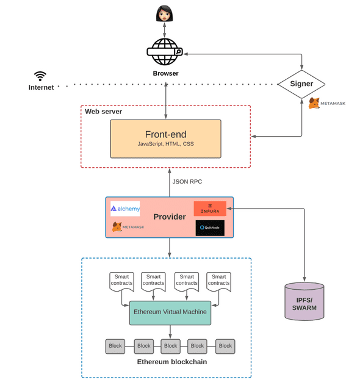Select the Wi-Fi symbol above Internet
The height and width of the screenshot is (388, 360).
coord(40,76)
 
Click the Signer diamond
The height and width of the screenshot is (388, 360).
coord(301,84)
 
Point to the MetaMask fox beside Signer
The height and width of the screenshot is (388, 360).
coord(314,103)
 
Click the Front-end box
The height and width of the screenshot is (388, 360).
coord(165,138)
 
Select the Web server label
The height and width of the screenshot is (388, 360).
coord(103,112)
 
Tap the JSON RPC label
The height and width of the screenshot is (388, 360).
coord(187,182)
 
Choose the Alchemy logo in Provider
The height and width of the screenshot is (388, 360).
coord(125,209)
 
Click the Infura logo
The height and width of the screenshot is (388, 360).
coord(210,208)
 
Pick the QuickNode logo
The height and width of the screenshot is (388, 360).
coord(210,228)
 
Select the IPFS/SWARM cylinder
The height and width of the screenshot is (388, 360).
coord(304,301)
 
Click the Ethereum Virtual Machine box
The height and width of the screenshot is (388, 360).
coord(170,312)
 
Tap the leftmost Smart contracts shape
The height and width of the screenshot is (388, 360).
coord(121,281)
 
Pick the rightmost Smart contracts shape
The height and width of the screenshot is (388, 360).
coord(218,281)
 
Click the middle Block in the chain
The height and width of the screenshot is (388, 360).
coord(170,346)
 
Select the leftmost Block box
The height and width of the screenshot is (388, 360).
coord(115,346)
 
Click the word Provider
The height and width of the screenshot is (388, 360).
coord(169,217)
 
